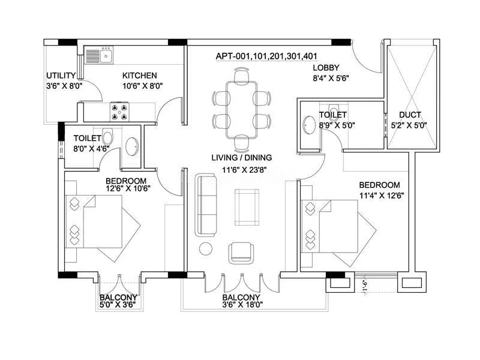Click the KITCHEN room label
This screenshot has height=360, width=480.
(x=140, y=76)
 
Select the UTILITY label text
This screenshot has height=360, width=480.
(x=61, y=76)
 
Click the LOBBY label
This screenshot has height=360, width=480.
(x=326, y=68)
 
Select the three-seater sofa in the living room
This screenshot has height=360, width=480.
(x=206, y=205)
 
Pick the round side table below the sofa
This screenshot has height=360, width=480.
(x=206, y=248)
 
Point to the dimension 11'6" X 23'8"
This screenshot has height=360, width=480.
(x=241, y=169)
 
